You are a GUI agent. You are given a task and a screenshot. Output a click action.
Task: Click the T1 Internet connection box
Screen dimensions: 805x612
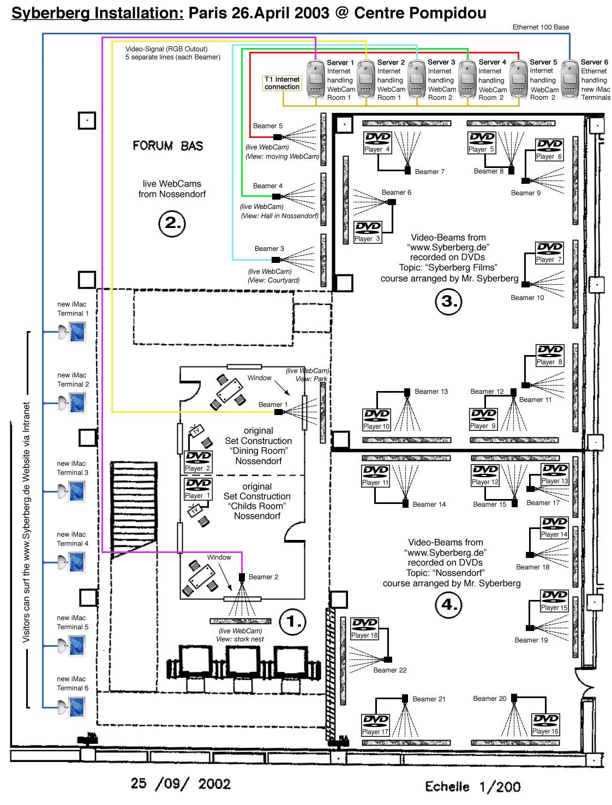point(282,83)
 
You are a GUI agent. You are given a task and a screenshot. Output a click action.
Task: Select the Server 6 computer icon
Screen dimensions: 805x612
point(570,80)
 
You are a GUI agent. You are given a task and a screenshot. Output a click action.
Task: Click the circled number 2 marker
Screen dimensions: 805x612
point(172,223)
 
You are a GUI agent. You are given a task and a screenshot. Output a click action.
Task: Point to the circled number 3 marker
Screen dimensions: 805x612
point(449,301)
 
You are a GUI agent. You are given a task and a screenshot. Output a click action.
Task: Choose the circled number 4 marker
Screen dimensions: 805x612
point(449,604)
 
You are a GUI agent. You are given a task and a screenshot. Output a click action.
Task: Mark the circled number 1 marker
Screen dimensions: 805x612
point(293,621)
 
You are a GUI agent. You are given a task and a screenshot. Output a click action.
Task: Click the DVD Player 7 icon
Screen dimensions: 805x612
point(549,253)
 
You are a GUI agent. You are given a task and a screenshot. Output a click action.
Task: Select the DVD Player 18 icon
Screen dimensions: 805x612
point(364,628)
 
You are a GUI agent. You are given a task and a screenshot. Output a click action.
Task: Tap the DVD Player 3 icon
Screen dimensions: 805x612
point(368,232)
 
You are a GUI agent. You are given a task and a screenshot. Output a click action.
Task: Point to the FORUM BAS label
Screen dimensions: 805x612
point(168,146)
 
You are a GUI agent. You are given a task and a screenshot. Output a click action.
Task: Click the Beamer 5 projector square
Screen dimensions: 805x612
point(277,137)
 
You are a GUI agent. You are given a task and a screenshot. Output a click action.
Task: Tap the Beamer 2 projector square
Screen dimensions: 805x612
point(242,577)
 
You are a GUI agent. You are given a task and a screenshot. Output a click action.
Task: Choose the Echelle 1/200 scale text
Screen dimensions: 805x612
point(473,786)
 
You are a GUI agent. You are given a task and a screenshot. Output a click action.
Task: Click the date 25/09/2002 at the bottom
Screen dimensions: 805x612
point(181,784)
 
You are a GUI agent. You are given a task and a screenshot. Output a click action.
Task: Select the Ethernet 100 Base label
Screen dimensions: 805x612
point(541,27)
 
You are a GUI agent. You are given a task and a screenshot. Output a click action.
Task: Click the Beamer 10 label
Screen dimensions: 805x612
point(527,297)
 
